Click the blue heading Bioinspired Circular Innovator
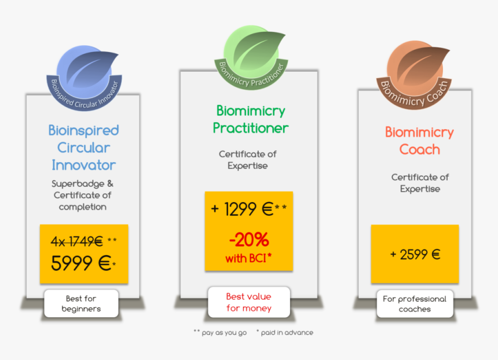tap(83, 148)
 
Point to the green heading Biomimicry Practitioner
tap(250, 119)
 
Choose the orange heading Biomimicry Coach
tap(419, 141)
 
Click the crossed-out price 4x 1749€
tap(78, 241)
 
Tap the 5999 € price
tap(80, 263)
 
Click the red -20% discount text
tap(248, 238)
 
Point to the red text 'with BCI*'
tap(249, 259)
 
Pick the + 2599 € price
tap(415, 254)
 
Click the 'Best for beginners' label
tap(81, 304)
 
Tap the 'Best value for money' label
tap(248, 302)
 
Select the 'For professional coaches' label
tap(415, 304)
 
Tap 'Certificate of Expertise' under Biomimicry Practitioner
tap(248, 160)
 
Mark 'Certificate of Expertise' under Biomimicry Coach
tap(420, 183)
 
